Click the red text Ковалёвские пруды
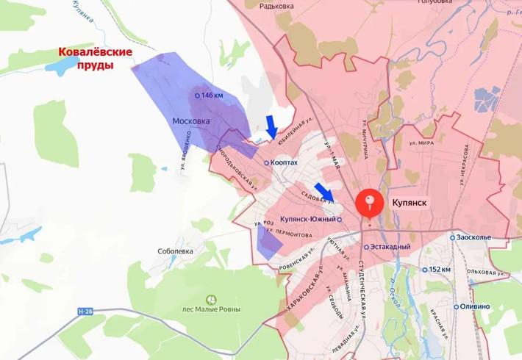tap(96, 58)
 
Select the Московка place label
tap(190, 121)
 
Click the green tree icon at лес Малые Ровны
tap(212, 299)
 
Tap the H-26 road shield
tap(86, 312)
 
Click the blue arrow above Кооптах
tap(271, 126)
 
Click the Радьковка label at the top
tap(276, 6)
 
